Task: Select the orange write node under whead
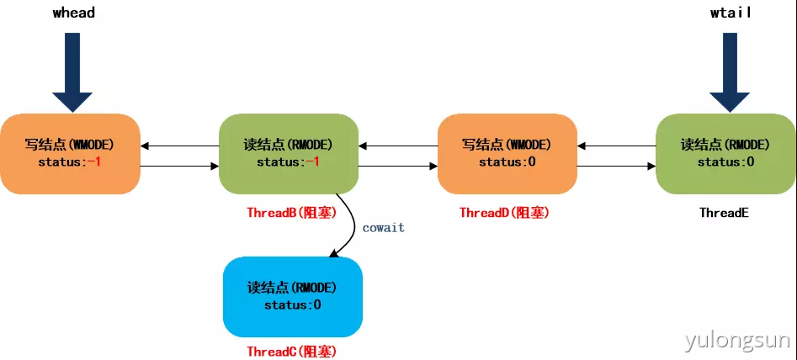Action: point(70,153)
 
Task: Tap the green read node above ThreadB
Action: point(289,153)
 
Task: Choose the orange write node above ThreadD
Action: point(507,153)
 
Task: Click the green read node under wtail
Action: point(725,153)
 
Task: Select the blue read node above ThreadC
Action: point(292,296)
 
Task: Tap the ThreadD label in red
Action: point(504,213)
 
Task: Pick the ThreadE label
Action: point(724,213)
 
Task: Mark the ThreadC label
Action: point(291,352)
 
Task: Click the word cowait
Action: point(383,227)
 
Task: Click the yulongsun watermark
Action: point(737,341)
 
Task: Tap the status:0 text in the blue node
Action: point(292,304)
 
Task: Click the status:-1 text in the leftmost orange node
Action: point(70,161)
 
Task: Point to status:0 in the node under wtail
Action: point(725,161)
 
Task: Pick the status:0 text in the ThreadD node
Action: point(507,161)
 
